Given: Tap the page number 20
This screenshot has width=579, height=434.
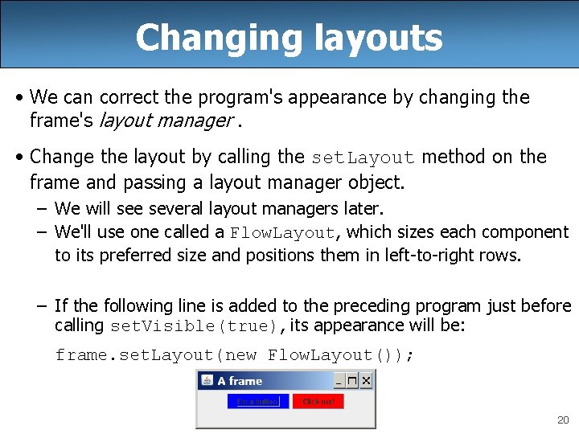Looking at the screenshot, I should point(562,420).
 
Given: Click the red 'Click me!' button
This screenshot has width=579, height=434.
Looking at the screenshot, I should point(318,401).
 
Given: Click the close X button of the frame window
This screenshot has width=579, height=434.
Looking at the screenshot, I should point(366,381).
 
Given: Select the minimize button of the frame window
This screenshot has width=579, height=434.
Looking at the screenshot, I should point(339,381).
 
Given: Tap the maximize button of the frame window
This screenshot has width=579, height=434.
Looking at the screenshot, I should point(352,381).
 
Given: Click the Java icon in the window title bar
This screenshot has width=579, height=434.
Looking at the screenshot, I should point(207,381).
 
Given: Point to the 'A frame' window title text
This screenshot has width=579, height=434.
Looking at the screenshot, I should point(240,381).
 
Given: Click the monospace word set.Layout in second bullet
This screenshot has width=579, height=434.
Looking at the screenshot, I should point(362,158).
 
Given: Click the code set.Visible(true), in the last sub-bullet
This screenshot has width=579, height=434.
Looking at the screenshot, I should point(198,326).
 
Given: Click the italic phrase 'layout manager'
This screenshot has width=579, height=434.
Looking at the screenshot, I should point(165,121).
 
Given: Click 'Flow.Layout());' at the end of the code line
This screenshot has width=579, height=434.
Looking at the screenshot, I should point(342,354).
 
